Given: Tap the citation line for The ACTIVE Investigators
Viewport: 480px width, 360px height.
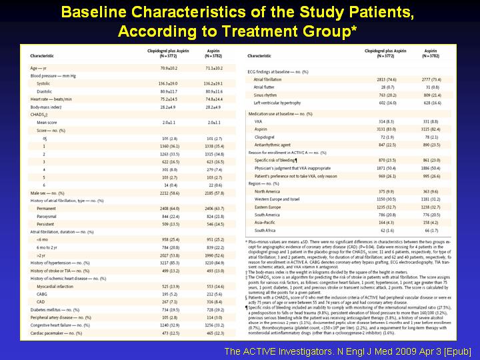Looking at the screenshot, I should [348, 351].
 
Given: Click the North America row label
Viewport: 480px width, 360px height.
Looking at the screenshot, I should [268, 191].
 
